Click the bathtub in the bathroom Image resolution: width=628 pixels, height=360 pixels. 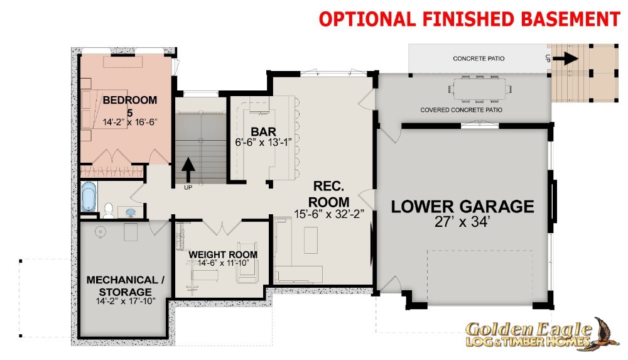click(x=89, y=197)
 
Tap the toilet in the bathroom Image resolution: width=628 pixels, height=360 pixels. click(x=108, y=210)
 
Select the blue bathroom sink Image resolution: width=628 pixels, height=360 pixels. click(x=131, y=212)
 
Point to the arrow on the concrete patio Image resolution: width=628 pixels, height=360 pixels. click(x=566, y=58)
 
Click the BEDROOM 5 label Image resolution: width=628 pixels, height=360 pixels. click(x=130, y=106)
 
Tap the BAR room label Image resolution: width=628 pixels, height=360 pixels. click(x=263, y=131)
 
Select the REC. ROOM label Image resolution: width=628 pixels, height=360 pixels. click(x=328, y=194)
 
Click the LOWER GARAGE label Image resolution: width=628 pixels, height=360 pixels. click(x=462, y=207)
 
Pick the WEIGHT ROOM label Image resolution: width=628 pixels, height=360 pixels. click(x=223, y=254)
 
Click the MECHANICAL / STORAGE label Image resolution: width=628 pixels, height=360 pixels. click(x=126, y=285)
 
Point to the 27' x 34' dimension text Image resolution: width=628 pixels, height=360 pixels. click(x=462, y=222)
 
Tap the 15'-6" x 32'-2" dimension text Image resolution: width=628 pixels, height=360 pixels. click(x=328, y=214)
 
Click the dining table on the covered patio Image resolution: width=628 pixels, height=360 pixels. click(x=480, y=89)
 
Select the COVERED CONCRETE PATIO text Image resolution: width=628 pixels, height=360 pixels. click(x=461, y=110)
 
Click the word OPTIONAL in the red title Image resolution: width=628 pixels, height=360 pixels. click(x=367, y=19)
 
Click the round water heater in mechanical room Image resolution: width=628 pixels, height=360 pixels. click(x=100, y=232)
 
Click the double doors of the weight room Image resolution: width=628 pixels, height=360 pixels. click(x=222, y=227)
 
